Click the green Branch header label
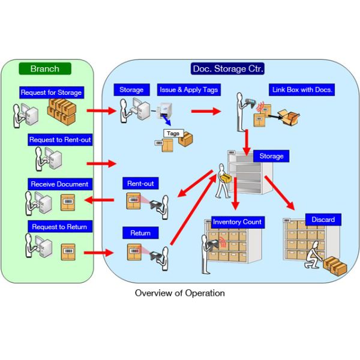tap(45, 68)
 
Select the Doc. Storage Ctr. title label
tap(228, 68)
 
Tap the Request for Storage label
tap(51, 92)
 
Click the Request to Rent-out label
tap(60, 140)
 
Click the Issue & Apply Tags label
tap(188, 90)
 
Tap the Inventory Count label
tap(237, 222)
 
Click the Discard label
tap(323, 219)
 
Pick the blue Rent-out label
tap(139, 183)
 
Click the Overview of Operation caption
tap(180, 293)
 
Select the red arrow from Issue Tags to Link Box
tap(205, 111)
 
